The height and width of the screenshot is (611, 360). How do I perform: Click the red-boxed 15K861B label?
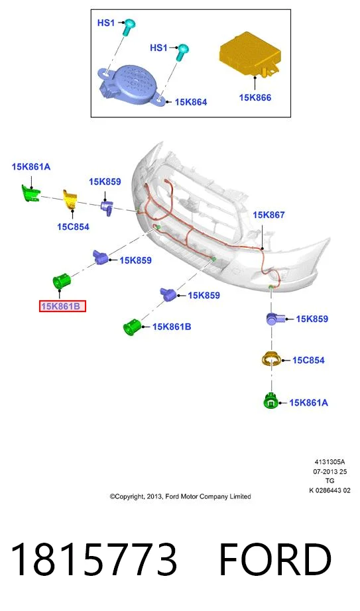(x=62, y=306)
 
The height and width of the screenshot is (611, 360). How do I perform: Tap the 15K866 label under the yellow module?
(x=255, y=97)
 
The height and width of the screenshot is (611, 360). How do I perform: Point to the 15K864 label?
(x=191, y=102)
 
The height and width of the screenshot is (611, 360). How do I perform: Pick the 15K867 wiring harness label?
(x=269, y=215)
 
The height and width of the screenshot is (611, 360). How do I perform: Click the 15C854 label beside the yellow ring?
(x=308, y=360)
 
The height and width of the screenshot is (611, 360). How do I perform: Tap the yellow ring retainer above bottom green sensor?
(x=271, y=359)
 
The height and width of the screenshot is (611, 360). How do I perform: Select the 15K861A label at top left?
(x=31, y=167)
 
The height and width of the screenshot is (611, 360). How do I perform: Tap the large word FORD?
(x=275, y=559)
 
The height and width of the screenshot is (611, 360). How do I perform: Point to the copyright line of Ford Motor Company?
(x=180, y=496)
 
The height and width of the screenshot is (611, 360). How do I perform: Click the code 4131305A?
(x=330, y=462)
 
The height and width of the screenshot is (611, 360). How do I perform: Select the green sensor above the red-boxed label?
(x=61, y=281)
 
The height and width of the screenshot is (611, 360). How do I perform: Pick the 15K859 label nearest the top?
(x=105, y=182)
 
